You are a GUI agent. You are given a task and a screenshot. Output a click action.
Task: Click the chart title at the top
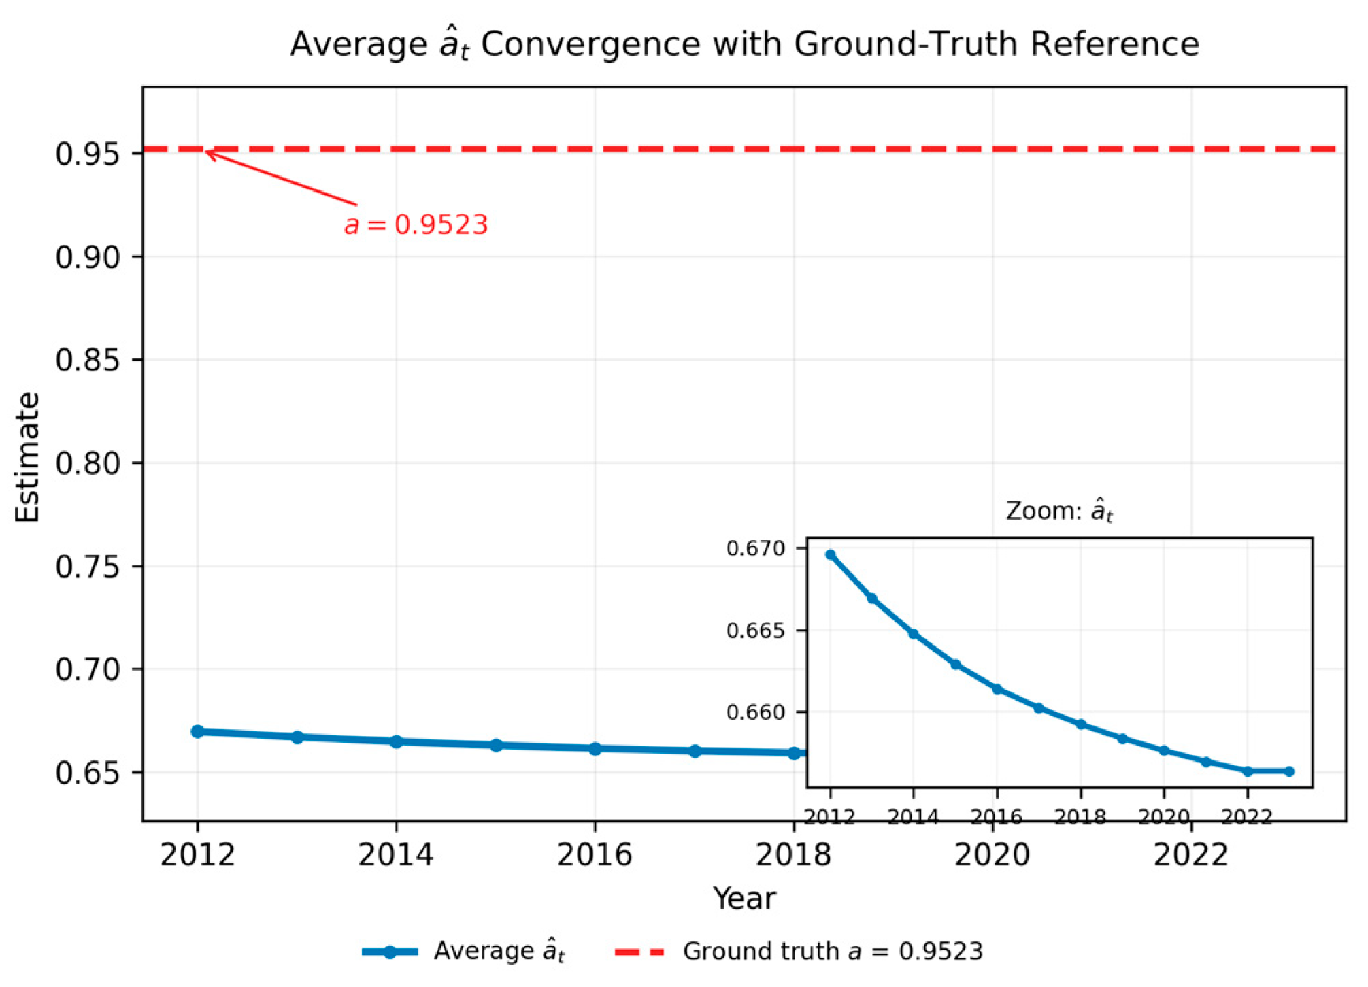[744, 45]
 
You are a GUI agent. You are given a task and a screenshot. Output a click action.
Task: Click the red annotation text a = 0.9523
[416, 225]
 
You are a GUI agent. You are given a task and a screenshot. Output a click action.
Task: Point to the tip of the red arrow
[206, 152]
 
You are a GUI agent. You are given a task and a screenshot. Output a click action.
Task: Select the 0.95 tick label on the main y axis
[88, 154]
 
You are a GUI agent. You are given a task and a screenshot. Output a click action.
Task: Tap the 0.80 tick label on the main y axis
[88, 463]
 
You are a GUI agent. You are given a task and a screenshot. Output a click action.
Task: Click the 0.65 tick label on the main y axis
[88, 773]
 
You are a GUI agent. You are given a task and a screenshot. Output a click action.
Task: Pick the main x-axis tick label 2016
[595, 854]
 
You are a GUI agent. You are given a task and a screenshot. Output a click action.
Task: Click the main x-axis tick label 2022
[1191, 854]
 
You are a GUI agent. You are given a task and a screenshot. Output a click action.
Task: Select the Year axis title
[744, 899]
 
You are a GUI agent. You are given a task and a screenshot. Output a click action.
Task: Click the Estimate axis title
[28, 457]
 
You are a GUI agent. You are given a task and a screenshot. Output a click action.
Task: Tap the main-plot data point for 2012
[197, 731]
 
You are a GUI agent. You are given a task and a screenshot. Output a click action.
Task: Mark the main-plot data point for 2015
[496, 746]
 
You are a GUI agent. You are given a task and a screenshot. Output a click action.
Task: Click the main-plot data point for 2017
[695, 751]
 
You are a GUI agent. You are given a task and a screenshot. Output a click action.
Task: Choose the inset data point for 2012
[830, 554]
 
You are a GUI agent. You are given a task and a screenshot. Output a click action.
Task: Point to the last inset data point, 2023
[1289, 771]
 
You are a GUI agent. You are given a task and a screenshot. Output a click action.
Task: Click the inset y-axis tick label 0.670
[756, 548]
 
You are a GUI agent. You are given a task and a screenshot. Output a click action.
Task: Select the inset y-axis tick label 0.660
[756, 712]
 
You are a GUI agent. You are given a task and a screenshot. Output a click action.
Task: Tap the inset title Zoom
[1059, 511]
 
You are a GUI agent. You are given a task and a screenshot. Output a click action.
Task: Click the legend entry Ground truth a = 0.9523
[833, 952]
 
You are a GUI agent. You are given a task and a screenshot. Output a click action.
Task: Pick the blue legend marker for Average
[389, 952]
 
